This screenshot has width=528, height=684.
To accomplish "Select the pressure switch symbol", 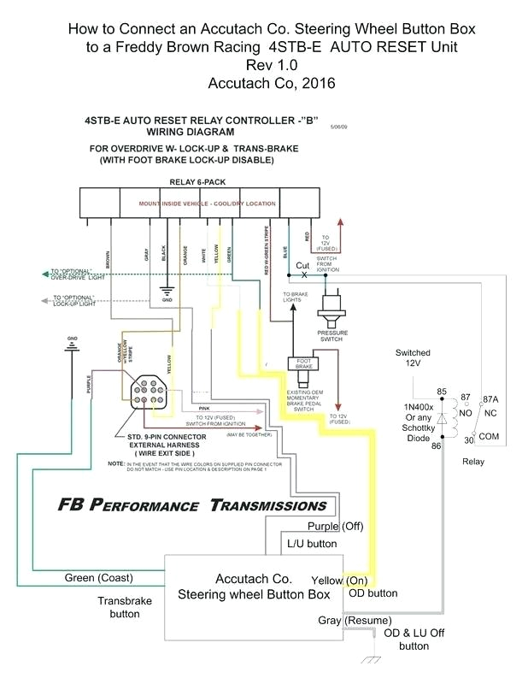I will (x=332, y=307).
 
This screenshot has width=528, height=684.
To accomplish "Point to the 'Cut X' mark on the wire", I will (x=303, y=269).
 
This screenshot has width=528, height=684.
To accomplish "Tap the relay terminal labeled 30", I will (x=469, y=440).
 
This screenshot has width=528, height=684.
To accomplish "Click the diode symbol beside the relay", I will (x=442, y=420).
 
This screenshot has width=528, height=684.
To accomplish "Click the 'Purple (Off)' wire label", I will (x=336, y=526).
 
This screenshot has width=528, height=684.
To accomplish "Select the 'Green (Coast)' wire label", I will (x=98, y=578).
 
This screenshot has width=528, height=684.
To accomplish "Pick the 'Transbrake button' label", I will (x=124, y=607).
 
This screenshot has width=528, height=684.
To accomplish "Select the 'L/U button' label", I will (x=313, y=544).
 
